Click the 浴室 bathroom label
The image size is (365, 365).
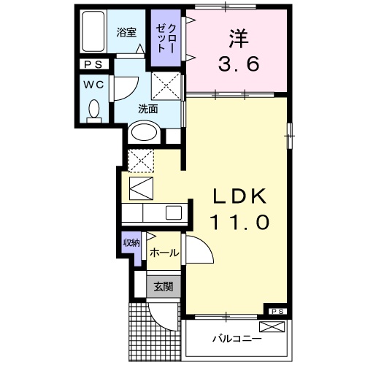pos(127,31)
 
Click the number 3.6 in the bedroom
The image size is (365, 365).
pos(237,64)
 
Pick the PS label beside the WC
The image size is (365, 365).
pos(93,65)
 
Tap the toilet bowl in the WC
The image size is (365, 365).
pos(93,110)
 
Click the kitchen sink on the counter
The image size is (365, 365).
pos(174,212)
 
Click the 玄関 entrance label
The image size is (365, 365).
pos(164,287)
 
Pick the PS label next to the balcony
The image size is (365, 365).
pos(277,312)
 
